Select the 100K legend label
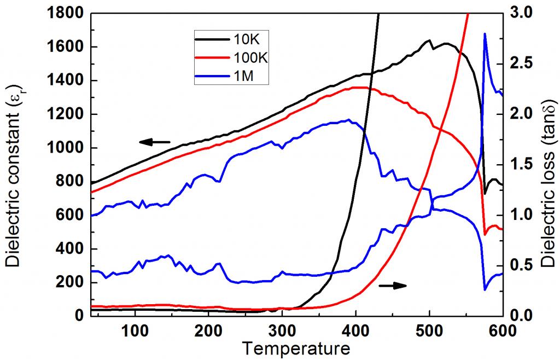tap(248, 59)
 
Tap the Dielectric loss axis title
tap(549, 164)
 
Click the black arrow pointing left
tap(154, 142)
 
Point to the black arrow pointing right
tap(393, 285)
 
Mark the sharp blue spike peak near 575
tap(485, 34)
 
